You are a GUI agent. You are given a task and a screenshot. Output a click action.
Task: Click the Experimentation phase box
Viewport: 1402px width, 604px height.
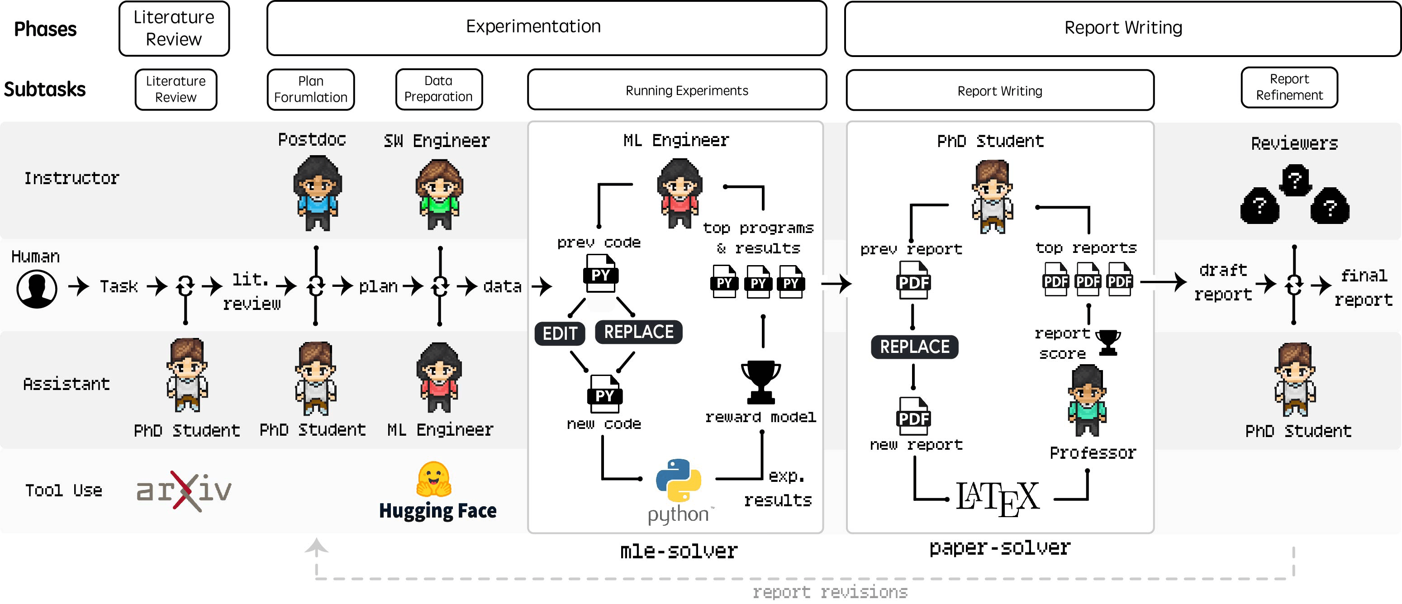pyautogui.click(x=546, y=28)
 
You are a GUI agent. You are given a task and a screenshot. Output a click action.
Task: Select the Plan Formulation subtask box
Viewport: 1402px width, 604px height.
pyautogui.click(x=310, y=89)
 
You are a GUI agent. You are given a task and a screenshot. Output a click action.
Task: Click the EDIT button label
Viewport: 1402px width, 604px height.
pyautogui.click(x=560, y=333)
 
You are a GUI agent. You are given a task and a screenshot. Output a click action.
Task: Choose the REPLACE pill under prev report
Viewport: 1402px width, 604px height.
pyautogui.click(x=914, y=347)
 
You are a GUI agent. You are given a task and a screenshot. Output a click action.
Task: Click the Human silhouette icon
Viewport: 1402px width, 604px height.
pyautogui.click(x=37, y=288)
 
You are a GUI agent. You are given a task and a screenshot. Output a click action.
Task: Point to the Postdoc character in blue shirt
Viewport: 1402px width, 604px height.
pyautogui.click(x=317, y=193)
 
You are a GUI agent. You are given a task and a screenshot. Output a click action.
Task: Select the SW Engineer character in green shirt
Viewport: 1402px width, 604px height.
pyautogui.click(x=439, y=194)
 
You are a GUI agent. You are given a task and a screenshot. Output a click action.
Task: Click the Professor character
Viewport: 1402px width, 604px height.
pyautogui.click(x=1086, y=400)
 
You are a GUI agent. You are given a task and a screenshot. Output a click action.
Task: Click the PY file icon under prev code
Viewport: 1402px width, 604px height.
pyautogui.click(x=600, y=273)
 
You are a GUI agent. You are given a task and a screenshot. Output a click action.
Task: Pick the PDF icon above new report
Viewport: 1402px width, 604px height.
pyautogui.click(x=913, y=416)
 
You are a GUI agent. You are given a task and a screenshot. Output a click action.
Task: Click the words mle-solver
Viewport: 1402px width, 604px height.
pyautogui.click(x=679, y=551)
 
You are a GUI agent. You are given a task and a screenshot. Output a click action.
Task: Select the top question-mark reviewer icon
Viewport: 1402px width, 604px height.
pyautogui.click(x=1295, y=180)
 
